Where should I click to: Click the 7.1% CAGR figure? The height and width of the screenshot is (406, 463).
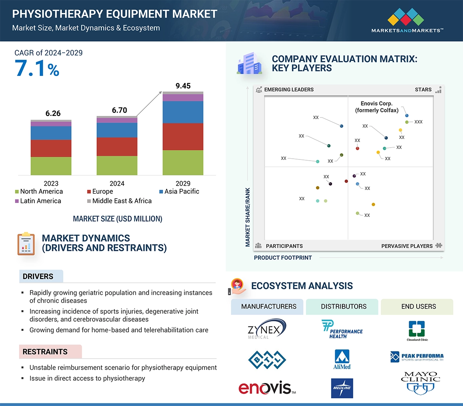[x=37, y=68]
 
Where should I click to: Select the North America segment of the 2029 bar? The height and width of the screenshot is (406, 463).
[x=183, y=163]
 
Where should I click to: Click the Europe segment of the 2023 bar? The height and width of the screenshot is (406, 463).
[x=51, y=148]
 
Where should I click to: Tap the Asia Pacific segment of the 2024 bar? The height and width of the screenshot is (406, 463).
[x=117, y=130]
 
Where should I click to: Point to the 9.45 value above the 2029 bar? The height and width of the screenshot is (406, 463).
[x=183, y=86]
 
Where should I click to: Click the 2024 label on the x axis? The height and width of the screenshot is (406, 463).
[x=117, y=184]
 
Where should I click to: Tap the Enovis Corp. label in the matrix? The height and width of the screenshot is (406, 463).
[x=376, y=107]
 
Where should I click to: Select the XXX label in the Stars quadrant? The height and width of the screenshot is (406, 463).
[x=418, y=122]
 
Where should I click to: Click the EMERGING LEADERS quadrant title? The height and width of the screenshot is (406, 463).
[x=288, y=89]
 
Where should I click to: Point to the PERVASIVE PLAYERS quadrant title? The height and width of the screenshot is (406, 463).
[x=407, y=246]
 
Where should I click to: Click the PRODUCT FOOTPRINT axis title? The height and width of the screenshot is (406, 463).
[x=283, y=258]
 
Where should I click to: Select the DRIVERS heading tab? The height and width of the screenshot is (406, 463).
[x=38, y=277]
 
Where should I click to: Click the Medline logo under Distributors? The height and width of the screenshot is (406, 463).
[x=342, y=388]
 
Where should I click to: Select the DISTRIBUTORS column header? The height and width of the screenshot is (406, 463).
[x=343, y=307]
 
